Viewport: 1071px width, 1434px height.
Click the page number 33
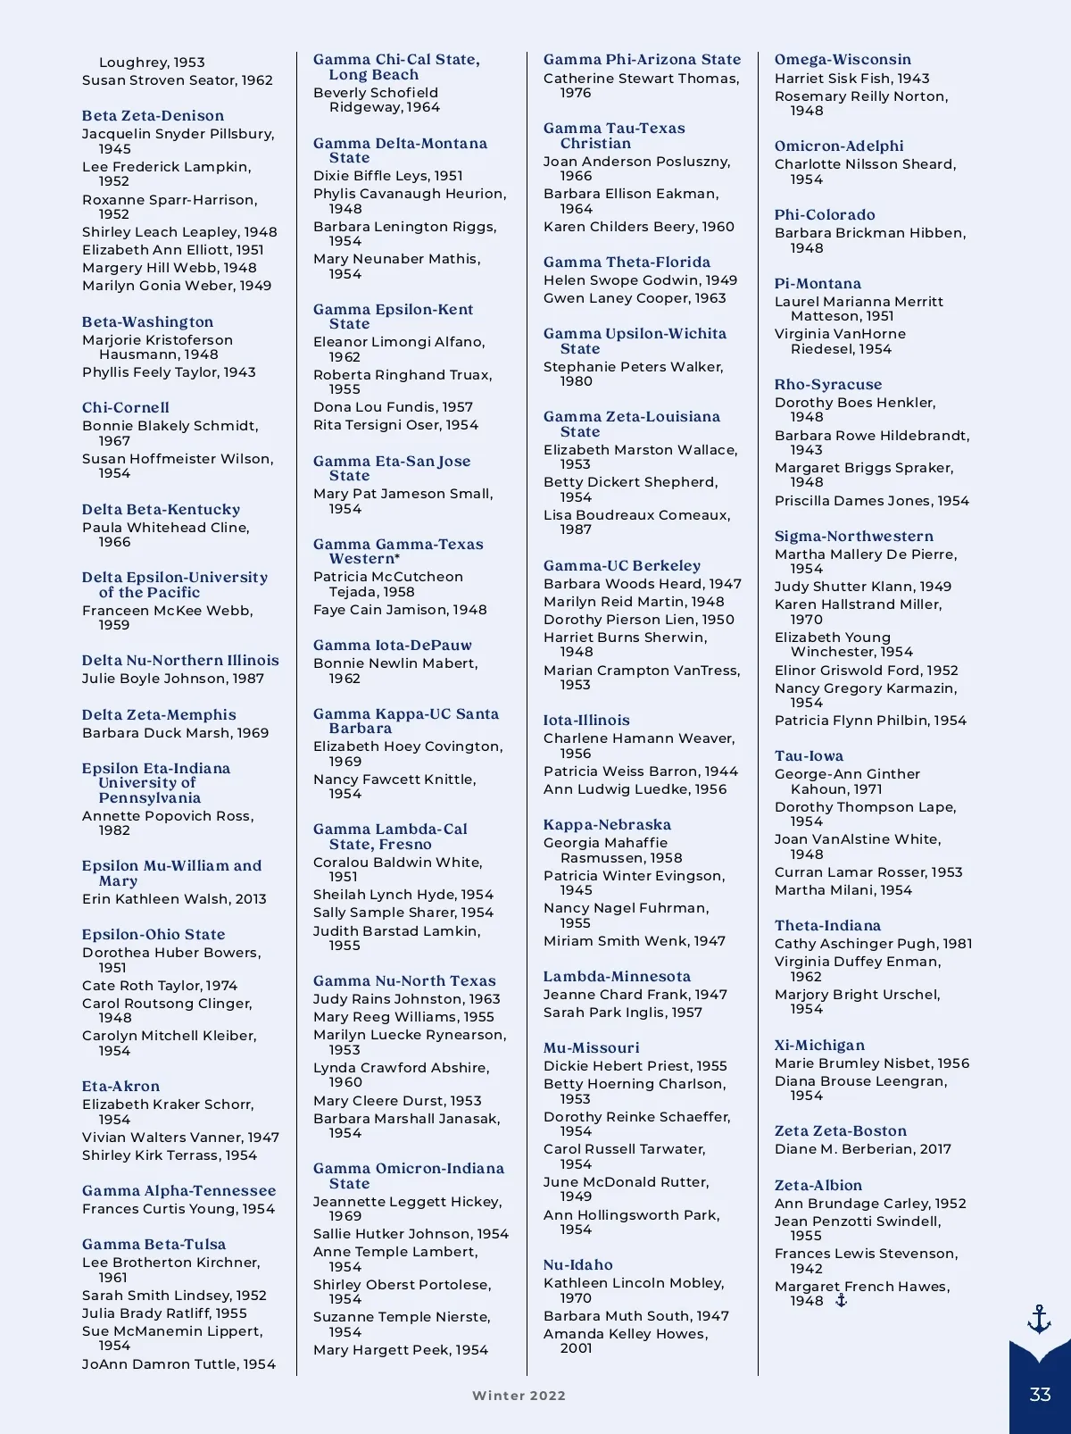(1040, 1395)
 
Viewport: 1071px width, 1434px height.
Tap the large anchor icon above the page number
(1039, 1319)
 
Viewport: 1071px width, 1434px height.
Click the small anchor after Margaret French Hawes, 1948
(841, 1301)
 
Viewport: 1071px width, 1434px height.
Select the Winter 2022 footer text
(519, 1396)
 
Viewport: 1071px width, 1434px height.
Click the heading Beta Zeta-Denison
(153, 116)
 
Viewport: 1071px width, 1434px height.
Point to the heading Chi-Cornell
(126, 408)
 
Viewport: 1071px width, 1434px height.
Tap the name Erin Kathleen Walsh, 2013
(174, 899)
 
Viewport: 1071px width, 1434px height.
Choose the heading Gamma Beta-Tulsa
(154, 1245)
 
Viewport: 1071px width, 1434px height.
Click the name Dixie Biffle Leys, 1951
(387, 176)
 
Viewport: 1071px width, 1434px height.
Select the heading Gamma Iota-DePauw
(392, 646)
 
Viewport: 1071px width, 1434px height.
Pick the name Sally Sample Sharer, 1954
(403, 913)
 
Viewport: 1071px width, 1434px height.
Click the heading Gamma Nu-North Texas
(403, 981)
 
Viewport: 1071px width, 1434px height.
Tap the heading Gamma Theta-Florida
(627, 263)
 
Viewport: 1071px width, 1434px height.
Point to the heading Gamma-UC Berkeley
(622, 566)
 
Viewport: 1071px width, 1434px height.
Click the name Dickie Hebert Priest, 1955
(635, 1066)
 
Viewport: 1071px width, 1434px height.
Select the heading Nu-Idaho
(577, 1265)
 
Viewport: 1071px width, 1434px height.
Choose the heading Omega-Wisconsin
(843, 60)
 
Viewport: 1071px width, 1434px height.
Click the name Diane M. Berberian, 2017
(862, 1149)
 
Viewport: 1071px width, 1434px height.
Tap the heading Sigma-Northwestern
(853, 537)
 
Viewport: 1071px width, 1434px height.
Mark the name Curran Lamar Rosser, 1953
(868, 872)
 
